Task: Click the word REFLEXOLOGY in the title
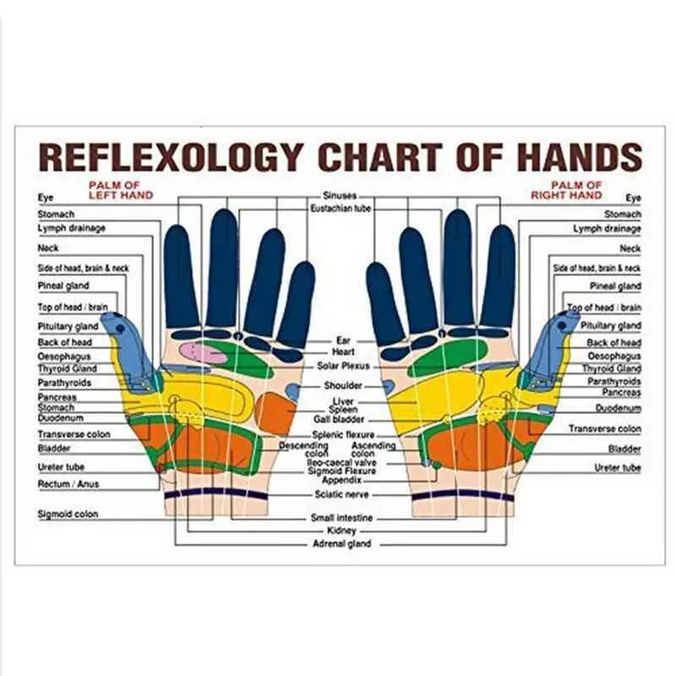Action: (x=171, y=156)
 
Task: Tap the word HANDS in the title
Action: (x=580, y=156)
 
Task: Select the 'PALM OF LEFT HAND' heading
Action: (x=121, y=190)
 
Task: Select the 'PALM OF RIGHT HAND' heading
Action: (x=566, y=190)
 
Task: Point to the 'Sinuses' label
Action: (x=340, y=196)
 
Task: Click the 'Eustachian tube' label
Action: (x=341, y=209)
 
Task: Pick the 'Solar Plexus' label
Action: (x=343, y=366)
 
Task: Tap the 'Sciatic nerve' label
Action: (x=341, y=494)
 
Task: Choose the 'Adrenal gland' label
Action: (x=342, y=543)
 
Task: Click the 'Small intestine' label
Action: (x=342, y=518)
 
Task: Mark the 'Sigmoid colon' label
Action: (x=68, y=514)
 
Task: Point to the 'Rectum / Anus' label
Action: (x=68, y=484)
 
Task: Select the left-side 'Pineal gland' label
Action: (x=63, y=286)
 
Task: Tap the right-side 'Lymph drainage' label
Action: (x=607, y=228)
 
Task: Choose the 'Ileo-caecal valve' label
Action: (x=342, y=462)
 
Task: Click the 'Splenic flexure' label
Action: (x=343, y=434)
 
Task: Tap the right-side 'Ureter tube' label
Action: (x=618, y=468)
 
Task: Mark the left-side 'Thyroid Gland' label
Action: (x=68, y=368)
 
